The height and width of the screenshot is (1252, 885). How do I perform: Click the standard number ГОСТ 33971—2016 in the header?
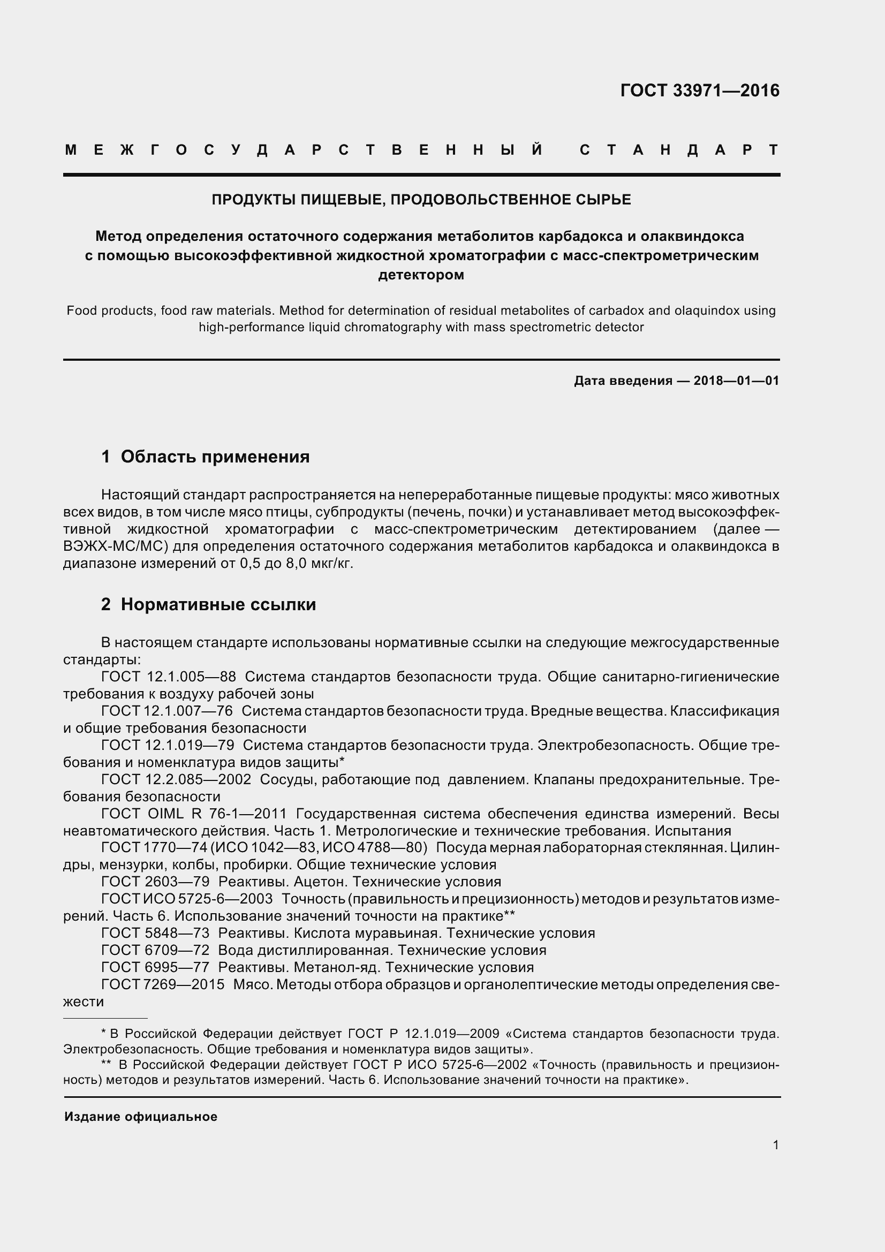pos(700,90)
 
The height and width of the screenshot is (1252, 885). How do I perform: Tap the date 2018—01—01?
pos(736,381)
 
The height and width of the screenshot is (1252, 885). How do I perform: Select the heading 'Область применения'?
pos(215,457)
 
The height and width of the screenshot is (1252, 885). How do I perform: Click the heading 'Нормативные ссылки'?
pos(218,604)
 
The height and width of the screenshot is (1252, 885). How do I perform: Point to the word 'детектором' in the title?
pos(421,275)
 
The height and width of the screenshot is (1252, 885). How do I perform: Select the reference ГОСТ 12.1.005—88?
pos(169,677)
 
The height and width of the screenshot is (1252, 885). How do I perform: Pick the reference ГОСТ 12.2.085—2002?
pos(176,779)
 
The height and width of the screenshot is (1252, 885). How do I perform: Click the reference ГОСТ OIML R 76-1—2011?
pos(194,814)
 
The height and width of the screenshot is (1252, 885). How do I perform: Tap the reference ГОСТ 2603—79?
pos(155,882)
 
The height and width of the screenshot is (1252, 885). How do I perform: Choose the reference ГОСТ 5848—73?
pos(155,933)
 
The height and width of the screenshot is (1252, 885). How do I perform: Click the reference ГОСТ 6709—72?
pos(155,950)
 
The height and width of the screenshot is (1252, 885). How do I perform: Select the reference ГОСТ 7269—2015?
pos(163,984)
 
